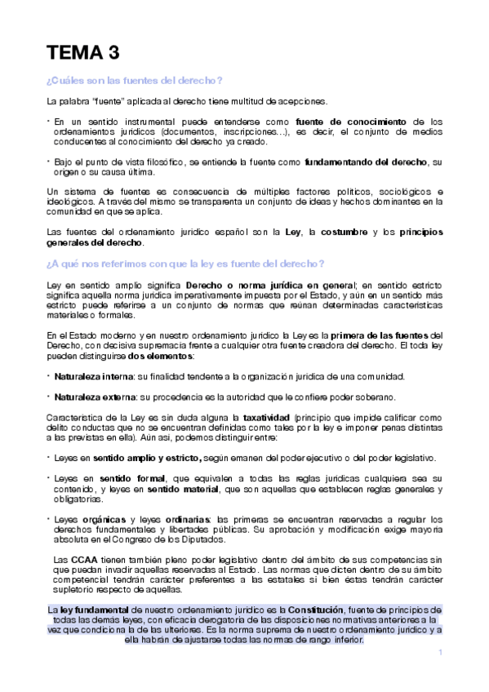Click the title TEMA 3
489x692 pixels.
[x=84, y=55]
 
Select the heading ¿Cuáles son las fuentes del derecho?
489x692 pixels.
[x=136, y=80]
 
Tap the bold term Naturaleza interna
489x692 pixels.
[x=89, y=376]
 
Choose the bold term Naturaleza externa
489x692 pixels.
[x=91, y=397]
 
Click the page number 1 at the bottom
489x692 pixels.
[x=440, y=653]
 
